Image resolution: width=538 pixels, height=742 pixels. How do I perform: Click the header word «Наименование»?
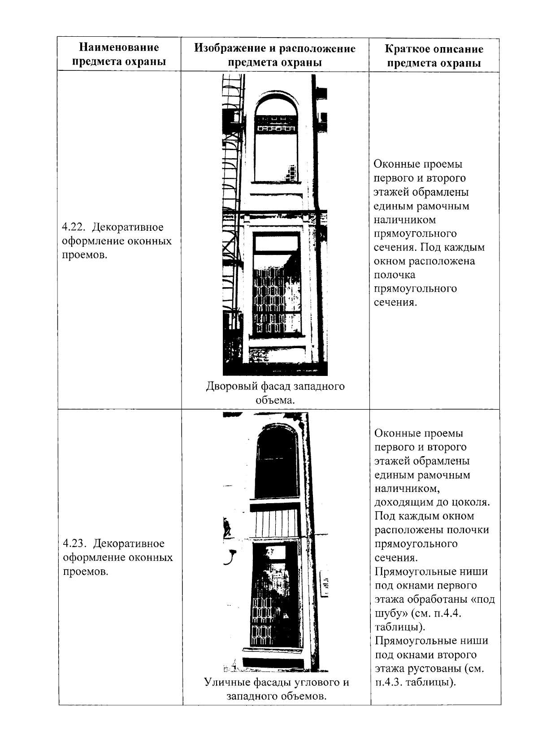point(119,47)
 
